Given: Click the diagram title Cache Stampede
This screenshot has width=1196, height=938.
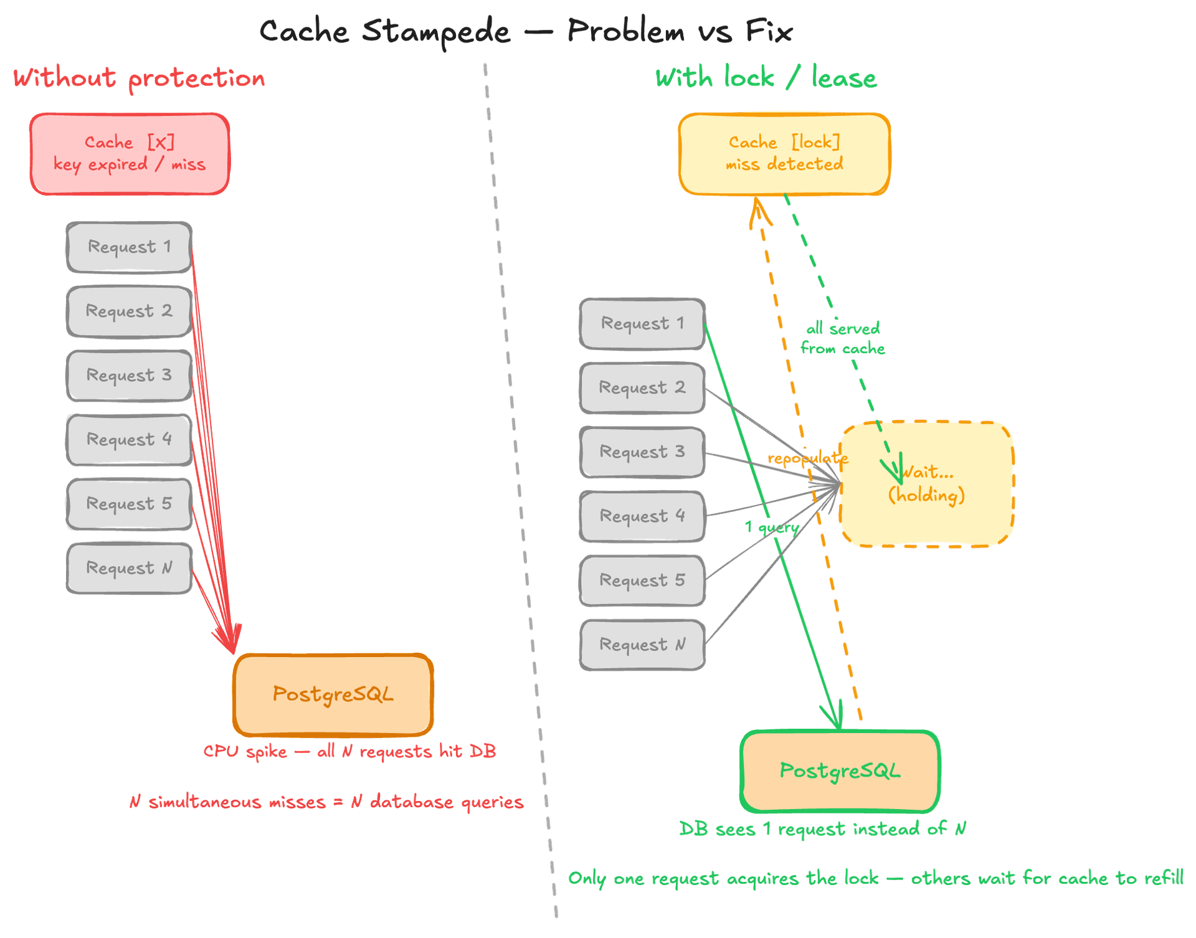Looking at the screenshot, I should pyautogui.click(x=526, y=31).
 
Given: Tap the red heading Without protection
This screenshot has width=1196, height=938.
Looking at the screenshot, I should pyautogui.click(x=139, y=79).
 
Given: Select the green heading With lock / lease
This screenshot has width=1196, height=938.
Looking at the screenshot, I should pyautogui.click(x=766, y=79).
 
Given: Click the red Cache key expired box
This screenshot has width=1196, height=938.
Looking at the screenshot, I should pyautogui.click(x=130, y=154).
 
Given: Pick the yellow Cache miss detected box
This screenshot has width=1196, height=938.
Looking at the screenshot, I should pyautogui.click(x=784, y=154).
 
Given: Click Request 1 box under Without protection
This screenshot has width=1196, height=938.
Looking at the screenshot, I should pyautogui.click(x=129, y=247).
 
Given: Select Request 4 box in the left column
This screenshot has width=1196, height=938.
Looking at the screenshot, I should pyautogui.click(x=129, y=440).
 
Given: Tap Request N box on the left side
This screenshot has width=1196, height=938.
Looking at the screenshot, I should pyautogui.click(x=129, y=568).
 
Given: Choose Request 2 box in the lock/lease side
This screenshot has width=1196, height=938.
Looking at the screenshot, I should pyautogui.click(x=642, y=387).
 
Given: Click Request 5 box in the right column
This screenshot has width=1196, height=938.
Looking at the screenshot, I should pyautogui.click(x=642, y=580).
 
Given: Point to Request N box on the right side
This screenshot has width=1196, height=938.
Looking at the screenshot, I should pyautogui.click(x=642, y=645).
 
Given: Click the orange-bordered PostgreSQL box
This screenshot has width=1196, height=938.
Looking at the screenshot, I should pyautogui.click(x=333, y=694).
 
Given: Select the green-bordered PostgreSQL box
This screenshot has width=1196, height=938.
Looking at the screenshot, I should pyautogui.click(x=840, y=771).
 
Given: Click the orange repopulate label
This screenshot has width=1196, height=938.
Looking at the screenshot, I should pyautogui.click(x=807, y=459).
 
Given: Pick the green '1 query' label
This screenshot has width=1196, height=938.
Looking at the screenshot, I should pyautogui.click(x=772, y=528).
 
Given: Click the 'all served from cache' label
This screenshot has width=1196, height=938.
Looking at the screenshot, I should pyautogui.click(x=843, y=338).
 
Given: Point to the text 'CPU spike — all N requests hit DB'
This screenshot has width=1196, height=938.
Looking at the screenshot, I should pyautogui.click(x=349, y=751).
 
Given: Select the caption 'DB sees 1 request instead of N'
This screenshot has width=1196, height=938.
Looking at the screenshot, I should pyautogui.click(x=822, y=829).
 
